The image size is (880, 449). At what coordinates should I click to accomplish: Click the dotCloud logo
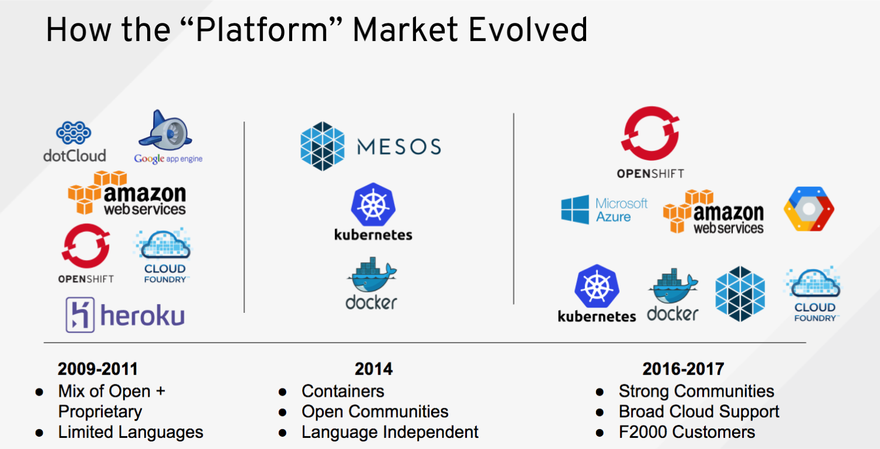(x=74, y=141)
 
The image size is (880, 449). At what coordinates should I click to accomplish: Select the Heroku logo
(x=125, y=315)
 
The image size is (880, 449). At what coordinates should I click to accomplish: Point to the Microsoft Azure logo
(x=604, y=210)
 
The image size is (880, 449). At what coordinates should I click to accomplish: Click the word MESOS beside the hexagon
(x=398, y=146)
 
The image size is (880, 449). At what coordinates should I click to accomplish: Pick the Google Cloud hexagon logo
(x=808, y=210)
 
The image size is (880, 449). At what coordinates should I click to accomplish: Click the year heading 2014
(x=374, y=369)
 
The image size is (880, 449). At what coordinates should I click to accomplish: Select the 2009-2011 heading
(x=97, y=369)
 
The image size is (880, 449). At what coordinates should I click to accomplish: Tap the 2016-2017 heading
(x=683, y=369)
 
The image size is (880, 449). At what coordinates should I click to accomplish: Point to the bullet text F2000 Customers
(x=686, y=433)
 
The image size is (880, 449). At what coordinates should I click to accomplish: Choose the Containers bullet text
(x=343, y=391)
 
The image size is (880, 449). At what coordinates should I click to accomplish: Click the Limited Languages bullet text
(x=130, y=433)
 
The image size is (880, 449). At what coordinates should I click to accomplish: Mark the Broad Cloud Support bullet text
(x=699, y=412)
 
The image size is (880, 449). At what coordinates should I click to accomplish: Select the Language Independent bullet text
(x=390, y=433)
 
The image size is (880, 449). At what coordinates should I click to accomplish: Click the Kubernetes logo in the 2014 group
(x=373, y=212)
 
